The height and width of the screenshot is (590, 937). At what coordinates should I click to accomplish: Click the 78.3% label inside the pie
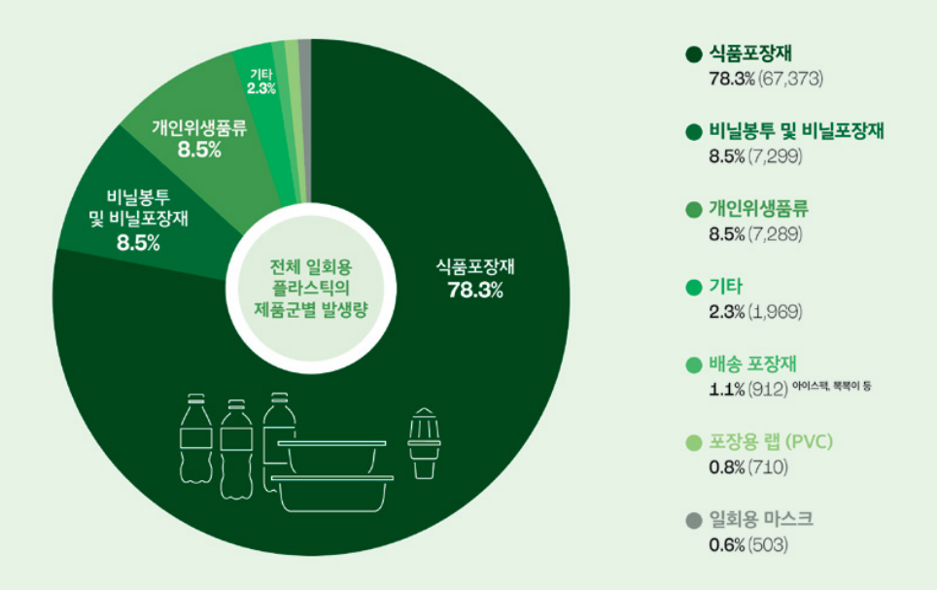click(474, 291)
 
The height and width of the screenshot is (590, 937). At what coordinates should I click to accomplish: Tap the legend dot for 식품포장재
click(693, 54)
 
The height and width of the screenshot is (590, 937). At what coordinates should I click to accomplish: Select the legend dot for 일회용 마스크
click(693, 520)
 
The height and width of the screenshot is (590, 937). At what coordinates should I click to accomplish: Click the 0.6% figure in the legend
click(727, 544)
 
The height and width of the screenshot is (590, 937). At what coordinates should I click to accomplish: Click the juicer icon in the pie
click(425, 442)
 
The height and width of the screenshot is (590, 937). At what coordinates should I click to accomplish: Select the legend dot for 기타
click(693, 288)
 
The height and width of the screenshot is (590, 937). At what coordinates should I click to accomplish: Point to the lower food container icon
click(333, 493)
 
